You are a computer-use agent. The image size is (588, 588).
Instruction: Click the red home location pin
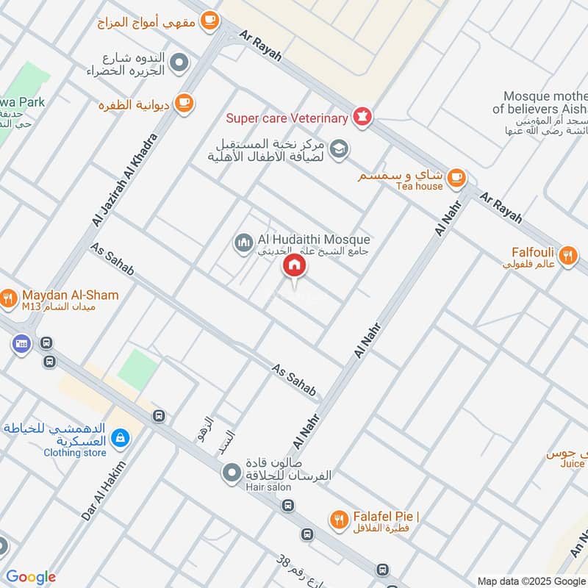(x=294, y=266)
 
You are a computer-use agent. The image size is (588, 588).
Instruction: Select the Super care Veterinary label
(x=287, y=118)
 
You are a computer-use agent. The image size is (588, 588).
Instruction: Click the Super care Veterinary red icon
(x=362, y=115)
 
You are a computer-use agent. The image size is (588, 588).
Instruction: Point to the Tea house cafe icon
(x=456, y=177)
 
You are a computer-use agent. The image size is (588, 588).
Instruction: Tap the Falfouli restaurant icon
(x=567, y=256)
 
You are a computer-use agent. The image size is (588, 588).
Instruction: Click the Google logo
(x=30, y=577)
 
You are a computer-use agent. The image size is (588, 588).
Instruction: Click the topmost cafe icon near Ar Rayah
(x=210, y=20)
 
